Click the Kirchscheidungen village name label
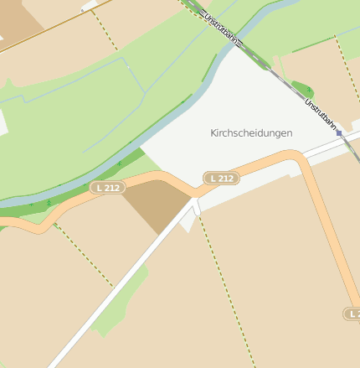point(251,133)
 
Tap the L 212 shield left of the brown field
point(107,188)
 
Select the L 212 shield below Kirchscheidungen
point(222,178)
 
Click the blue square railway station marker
point(339,132)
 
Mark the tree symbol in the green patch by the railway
point(307,89)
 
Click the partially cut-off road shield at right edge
point(352,313)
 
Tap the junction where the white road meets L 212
point(196,198)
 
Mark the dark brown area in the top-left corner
point(17,21)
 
